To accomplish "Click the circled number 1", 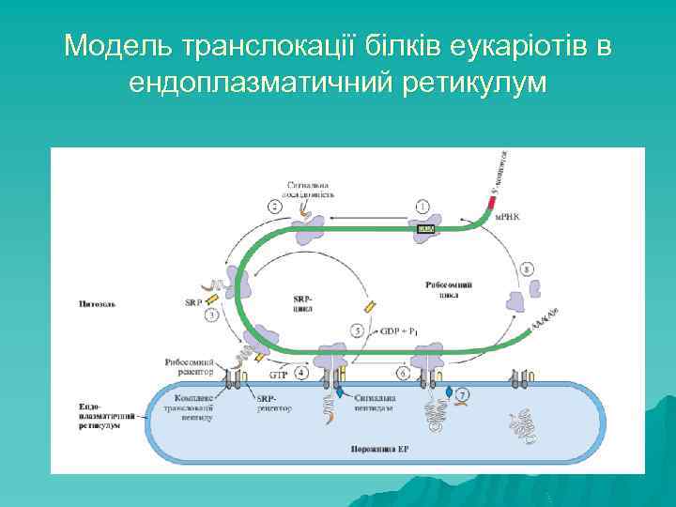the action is click(423, 206).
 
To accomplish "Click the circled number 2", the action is click(275, 206).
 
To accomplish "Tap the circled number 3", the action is click(212, 315).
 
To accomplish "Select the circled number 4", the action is click(300, 373).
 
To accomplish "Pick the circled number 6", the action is click(403, 373).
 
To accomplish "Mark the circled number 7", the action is click(464, 395).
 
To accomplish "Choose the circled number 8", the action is click(527, 269).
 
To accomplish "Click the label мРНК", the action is click(507, 224).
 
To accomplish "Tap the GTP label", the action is click(278, 374).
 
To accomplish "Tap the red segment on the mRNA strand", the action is click(493, 195).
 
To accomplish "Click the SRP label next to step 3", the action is click(193, 302).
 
